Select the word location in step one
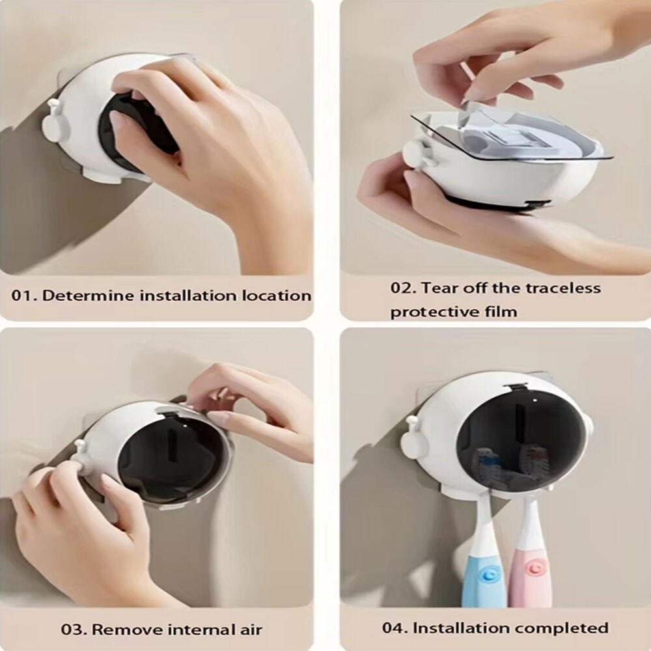coord(277,296)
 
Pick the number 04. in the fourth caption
coord(396,628)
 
